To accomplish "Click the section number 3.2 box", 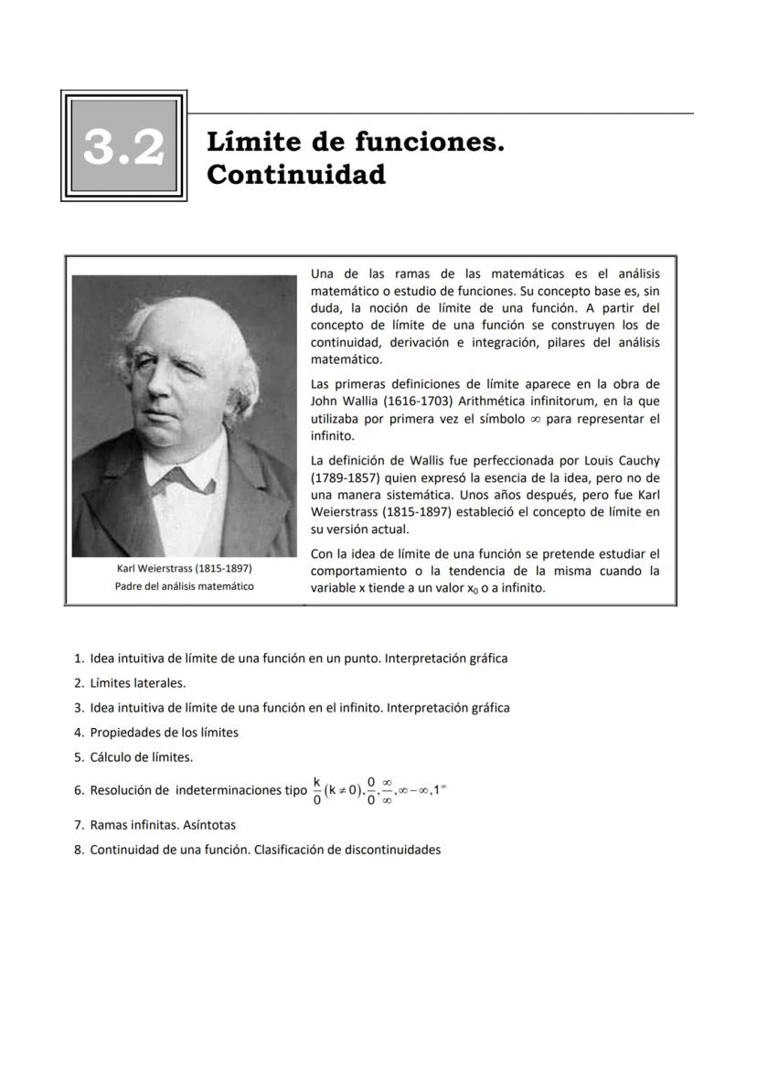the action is [x=124, y=146].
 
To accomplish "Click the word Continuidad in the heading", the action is [x=296, y=174].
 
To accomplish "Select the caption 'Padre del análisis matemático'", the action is [x=184, y=586].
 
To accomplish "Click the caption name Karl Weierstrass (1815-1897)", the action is [x=184, y=569].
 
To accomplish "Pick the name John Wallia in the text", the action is [x=344, y=402].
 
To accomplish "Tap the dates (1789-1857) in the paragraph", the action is [x=344, y=477].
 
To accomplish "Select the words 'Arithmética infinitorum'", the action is [x=490, y=402].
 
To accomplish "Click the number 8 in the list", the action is [x=79, y=850].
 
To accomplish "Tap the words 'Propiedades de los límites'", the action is [x=164, y=733].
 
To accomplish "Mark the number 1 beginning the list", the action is [x=79, y=658].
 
